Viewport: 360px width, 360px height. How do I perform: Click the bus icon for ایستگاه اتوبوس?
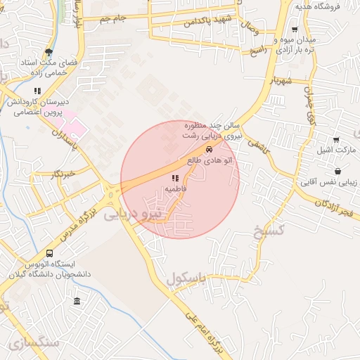click(x=49, y=254)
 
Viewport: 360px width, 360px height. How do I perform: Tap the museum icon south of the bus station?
click(x=77, y=302)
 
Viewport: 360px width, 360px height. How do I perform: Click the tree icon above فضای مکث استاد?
click(x=48, y=51)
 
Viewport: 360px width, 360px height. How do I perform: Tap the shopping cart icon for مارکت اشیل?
click(x=337, y=140)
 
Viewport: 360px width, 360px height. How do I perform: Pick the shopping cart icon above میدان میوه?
click(x=294, y=30)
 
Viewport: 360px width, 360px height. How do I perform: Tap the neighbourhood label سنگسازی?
click(x=35, y=344)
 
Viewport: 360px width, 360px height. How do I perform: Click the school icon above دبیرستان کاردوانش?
click(x=37, y=91)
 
